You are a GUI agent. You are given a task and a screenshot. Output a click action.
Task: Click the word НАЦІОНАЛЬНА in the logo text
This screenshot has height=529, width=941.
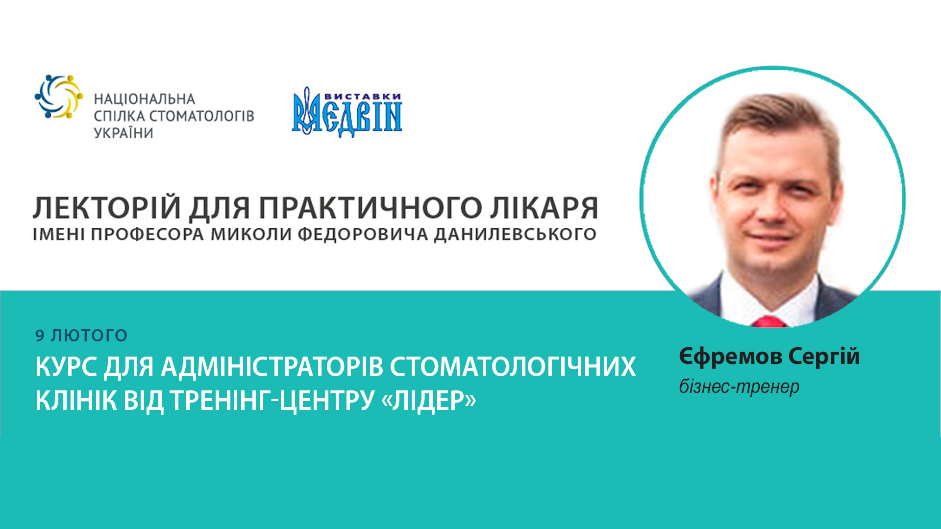[x=145, y=99]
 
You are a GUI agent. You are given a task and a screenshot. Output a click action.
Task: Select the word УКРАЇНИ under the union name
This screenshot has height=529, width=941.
[x=124, y=133]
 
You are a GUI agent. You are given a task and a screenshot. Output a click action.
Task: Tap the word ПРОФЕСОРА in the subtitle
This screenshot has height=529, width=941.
[x=147, y=234]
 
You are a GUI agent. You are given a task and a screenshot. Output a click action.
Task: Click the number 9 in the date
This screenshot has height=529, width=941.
[x=40, y=336]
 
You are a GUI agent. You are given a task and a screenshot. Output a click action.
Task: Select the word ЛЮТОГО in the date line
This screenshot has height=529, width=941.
[x=89, y=336]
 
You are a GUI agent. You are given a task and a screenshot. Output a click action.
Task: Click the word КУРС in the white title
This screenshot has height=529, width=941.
[x=66, y=367]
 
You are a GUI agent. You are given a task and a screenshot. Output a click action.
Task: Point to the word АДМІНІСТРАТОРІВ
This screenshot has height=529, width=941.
[x=272, y=367]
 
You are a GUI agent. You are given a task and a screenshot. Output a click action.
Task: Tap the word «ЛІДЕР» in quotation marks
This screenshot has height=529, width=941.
[x=428, y=401]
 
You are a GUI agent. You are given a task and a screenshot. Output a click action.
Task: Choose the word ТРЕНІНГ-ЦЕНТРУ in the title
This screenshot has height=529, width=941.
[x=272, y=401]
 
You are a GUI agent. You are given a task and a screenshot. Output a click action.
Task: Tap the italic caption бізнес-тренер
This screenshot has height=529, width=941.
[x=739, y=387]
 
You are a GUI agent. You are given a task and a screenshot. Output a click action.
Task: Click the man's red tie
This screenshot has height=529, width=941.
[x=768, y=321]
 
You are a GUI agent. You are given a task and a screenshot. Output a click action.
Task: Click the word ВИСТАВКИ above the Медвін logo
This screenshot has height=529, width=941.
[x=363, y=97]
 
